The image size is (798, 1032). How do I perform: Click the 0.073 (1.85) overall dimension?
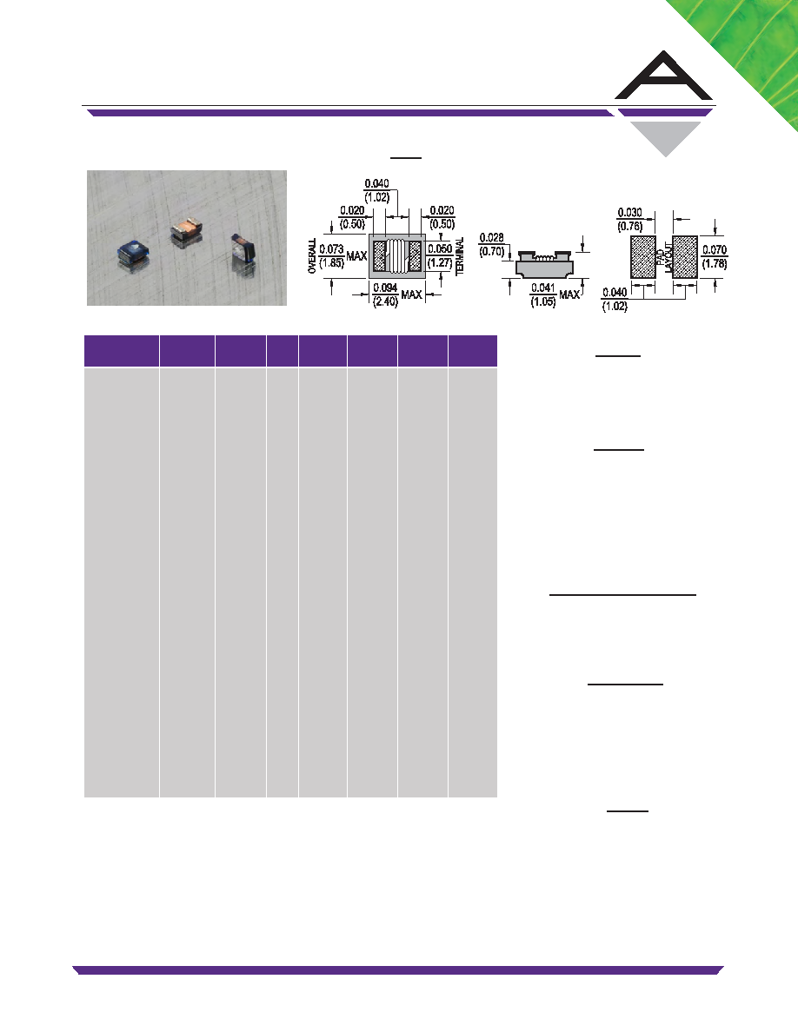point(331,255)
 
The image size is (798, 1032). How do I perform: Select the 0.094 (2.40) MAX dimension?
point(385,294)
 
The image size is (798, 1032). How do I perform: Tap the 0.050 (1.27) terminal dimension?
point(440,255)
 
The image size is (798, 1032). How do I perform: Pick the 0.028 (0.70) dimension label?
point(492,244)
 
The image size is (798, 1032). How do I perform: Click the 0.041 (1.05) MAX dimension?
point(543,294)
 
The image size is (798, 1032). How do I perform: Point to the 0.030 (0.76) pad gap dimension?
point(630,219)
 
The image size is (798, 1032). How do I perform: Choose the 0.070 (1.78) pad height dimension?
point(715,256)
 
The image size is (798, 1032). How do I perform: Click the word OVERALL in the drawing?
point(312,256)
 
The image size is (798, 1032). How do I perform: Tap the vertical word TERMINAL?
point(460,256)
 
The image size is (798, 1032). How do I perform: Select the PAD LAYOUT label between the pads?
point(665,257)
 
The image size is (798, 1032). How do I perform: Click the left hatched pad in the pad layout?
point(644,256)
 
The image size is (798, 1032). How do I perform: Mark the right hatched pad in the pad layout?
point(685,256)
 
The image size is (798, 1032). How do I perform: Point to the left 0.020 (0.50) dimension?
point(352,217)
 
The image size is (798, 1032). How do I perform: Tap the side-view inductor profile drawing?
point(544,263)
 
